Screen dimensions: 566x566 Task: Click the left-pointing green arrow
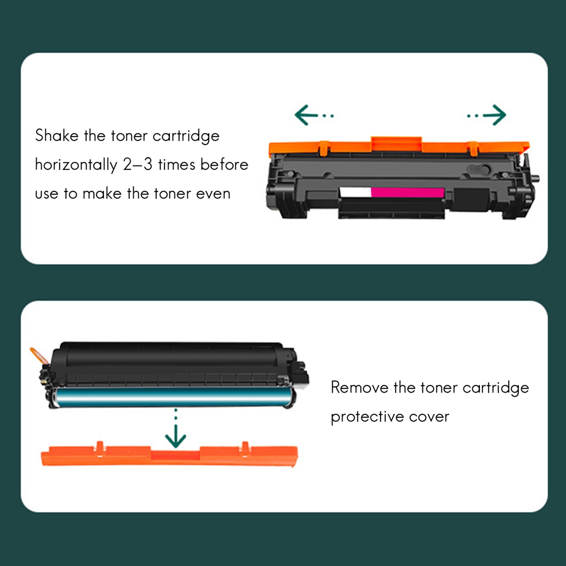314,115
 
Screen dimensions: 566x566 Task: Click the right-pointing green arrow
486,115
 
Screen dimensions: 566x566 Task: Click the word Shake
57,136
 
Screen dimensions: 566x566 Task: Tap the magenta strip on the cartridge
408,192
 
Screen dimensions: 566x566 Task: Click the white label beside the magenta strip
355,192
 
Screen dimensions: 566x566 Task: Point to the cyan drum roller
173,397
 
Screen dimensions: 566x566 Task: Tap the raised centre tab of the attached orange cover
396,143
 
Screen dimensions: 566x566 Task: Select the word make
102,194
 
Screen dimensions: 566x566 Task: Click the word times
176,164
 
